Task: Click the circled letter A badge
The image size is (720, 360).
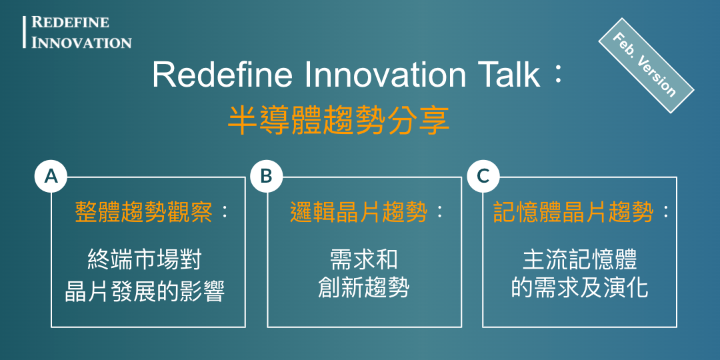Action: [x=51, y=176]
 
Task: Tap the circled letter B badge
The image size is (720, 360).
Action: [x=266, y=176]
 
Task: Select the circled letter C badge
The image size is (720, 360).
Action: [x=483, y=176]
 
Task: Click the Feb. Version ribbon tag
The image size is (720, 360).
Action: [x=646, y=65]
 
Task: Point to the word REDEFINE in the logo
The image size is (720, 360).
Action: [x=70, y=22]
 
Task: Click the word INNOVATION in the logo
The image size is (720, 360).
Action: [x=81, y=42]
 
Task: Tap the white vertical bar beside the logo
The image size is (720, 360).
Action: [x=25, y=32]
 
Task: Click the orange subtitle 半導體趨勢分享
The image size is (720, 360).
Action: [x=339, y=121]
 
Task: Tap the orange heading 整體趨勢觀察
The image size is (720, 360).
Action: [x=143, y=213]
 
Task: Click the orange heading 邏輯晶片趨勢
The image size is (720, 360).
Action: [x=359, y=213]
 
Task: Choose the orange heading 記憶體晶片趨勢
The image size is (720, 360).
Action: [x=573, y=213]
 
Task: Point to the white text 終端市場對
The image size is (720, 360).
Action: [x=144, y=261]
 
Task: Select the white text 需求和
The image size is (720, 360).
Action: [x=364, y=260]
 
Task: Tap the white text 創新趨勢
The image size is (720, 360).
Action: [x=364, y=288]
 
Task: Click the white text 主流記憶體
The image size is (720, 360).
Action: [x=579, y=260]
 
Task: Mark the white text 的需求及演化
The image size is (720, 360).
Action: [x=579, y=288]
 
